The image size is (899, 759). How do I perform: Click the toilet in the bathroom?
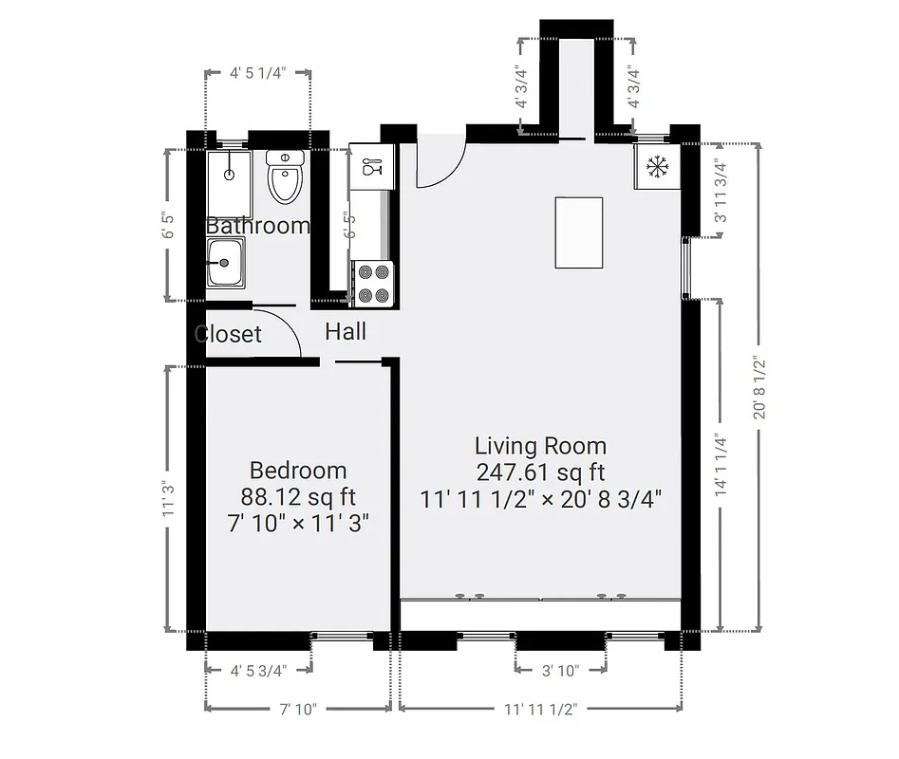coord(285,177)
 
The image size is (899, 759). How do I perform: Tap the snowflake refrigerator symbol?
coord(657,167)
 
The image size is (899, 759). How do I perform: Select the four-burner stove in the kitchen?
coord(372,284)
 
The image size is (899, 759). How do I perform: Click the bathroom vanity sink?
coord(226,262)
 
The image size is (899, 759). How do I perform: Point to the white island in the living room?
coord(578,233)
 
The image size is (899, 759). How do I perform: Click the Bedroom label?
coord(298,471)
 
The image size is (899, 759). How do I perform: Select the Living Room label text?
coord(540,446)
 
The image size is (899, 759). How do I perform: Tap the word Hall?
coord(346,332)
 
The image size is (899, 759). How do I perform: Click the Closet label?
coord(228,334)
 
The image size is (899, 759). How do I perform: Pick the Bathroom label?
coord(258,226)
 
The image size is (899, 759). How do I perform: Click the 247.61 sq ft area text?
coord(540,472)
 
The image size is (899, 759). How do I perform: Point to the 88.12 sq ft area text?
coord(298,496)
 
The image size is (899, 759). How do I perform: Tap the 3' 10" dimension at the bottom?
coord(560,670)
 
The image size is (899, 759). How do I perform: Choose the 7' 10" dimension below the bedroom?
coord(298,708)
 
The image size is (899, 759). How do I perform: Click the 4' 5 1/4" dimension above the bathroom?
coord(258,72)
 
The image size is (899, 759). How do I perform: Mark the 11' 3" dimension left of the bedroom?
coord(169,499)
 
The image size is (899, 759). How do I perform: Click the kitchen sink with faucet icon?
coord(369,167)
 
